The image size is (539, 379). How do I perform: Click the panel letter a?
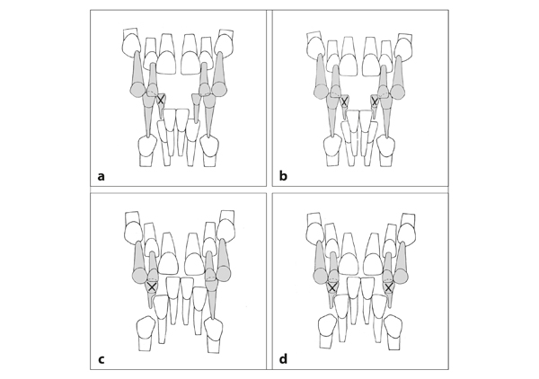click(x=101, y=177)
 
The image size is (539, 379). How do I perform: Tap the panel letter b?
click(x=283, y=176)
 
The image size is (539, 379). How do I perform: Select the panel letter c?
click(x=101, y=360)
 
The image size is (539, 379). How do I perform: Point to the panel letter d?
click(x=283, y=359)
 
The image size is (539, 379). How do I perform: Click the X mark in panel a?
click(x=160, y=100)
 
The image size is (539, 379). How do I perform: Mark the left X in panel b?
click(x=344, y=101)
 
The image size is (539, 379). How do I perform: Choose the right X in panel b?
click(x=375, y=101)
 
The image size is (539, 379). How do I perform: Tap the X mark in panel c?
click(x=151, y=286)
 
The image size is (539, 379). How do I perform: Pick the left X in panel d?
click(x=331, y=287)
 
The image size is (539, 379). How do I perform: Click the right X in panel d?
click(x=388, y=287)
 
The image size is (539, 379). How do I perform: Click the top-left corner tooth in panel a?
click(x=131, y=42)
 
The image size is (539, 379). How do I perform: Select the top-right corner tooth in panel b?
click(x=403, y=46)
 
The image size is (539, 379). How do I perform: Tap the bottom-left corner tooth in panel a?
click(x=146, y=151)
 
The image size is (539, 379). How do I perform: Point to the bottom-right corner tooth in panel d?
click(x=393, y=332)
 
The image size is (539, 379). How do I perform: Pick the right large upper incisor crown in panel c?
click(x=195, y=254)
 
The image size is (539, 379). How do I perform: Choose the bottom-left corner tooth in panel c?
click(x=146, y=333)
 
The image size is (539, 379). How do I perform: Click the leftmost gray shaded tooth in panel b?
click(x=321, y=78)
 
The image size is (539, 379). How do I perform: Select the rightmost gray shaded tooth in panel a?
click(x=220, y=75)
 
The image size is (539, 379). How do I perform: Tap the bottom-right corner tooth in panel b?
click(x=385, y=150)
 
